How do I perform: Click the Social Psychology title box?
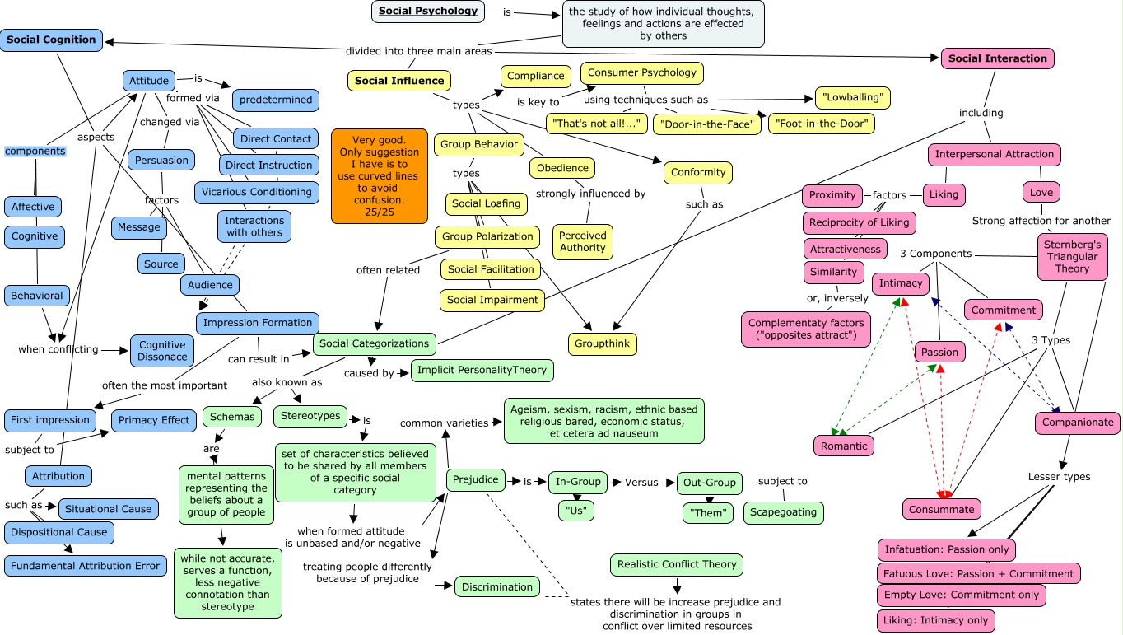(428, 12)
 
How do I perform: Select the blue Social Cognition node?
(51, 40)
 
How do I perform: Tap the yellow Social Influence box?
(399, 81)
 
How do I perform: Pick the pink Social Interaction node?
(997, 58)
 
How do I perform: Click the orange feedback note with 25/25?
(380, 176)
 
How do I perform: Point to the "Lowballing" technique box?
(852, 98)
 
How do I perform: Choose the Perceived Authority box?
(582, 241)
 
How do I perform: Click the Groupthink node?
(603, 343)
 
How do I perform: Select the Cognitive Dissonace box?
(162, 351)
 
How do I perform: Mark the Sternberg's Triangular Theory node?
(1072, 257)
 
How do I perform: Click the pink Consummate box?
(941, 510)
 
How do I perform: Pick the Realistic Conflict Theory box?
(677, 565)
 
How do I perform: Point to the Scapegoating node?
(784, 512)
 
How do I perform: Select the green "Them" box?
(707, 513)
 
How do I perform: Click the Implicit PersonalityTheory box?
(482, 371)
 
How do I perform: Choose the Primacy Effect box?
(153, 420)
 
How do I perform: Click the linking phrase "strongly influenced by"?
(590, 194)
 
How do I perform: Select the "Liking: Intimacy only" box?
(936, 620)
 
